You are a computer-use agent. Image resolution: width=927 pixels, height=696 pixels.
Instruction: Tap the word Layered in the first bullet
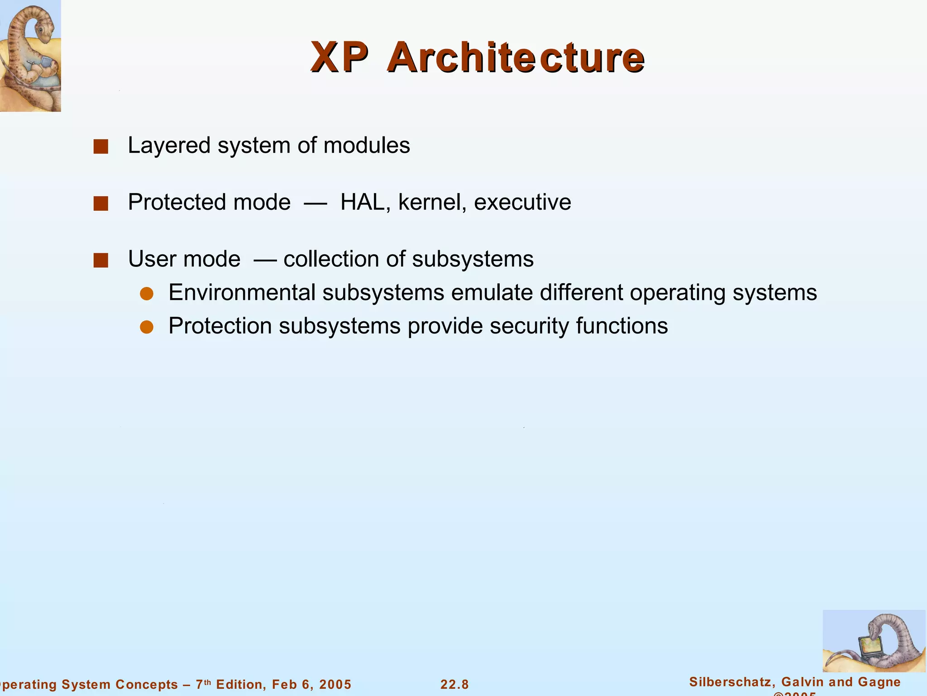[169, 146]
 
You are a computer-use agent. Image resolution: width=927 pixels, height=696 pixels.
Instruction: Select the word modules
[367, 146]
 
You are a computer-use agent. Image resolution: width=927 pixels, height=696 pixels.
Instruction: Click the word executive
[522, 202]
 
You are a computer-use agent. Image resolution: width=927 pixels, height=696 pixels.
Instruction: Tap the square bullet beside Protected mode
[100, 203]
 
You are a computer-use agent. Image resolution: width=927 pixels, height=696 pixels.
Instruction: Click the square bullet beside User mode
[100, 260]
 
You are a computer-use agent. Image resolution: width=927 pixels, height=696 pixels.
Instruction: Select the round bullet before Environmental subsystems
[147, 294]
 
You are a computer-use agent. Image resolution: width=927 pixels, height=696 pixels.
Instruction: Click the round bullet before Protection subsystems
[147, 327]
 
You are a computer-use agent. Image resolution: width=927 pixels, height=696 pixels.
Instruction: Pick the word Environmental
[242, 292]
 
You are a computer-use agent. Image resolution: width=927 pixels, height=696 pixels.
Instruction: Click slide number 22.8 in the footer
[454, 684]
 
